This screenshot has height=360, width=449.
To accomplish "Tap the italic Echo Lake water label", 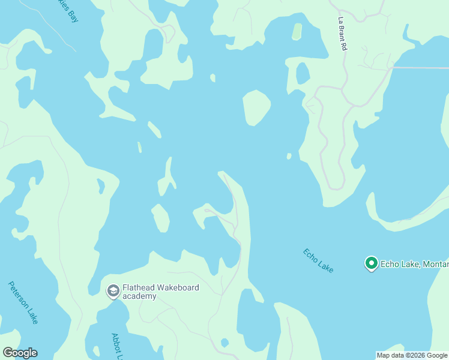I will (318, 260).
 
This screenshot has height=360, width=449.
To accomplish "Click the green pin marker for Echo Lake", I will (371, 263).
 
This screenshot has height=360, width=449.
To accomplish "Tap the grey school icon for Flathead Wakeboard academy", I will (112, 291).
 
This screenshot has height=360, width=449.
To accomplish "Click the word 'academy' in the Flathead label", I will (139, 296).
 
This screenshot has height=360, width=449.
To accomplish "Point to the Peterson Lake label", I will (23, 302).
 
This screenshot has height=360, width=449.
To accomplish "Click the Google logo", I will (20, 353).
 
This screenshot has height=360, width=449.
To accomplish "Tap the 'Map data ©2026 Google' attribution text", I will (412, 355).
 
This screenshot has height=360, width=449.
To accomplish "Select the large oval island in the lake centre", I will (256, 107).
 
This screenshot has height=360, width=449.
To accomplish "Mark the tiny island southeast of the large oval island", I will (289, 156).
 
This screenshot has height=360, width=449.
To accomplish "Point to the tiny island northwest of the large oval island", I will (212, 77).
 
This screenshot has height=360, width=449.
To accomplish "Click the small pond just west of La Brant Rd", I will (303, 73).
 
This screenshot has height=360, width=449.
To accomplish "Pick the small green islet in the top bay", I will (297, 31).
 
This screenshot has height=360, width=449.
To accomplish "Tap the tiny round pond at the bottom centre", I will (224, 343).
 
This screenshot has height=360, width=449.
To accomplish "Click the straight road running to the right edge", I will (420, 68).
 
